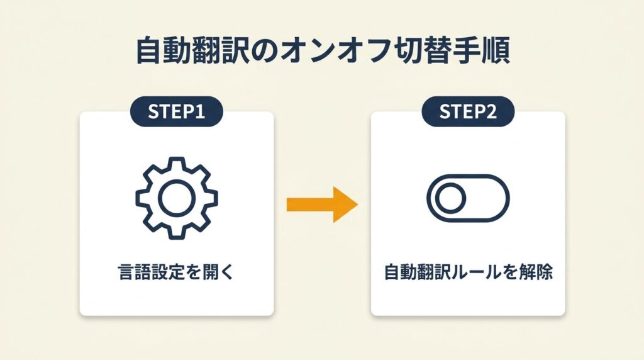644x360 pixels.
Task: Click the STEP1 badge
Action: click(x=176, y=112)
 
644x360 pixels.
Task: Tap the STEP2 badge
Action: click(x=468, y=112)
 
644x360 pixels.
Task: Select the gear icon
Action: click(x=177, y=198)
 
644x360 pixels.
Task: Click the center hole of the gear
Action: click(x=177, y=198)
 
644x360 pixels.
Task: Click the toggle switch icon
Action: click(x=467, y=199)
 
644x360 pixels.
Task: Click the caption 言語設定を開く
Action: click(x=176, y=273)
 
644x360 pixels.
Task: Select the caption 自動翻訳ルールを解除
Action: click(x=468, y=273)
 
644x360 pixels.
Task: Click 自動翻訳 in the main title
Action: click(x=189, y=52)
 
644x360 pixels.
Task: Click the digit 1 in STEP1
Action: click(x=201, y=112)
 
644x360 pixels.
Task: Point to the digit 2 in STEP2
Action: click(x=492, y=112)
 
